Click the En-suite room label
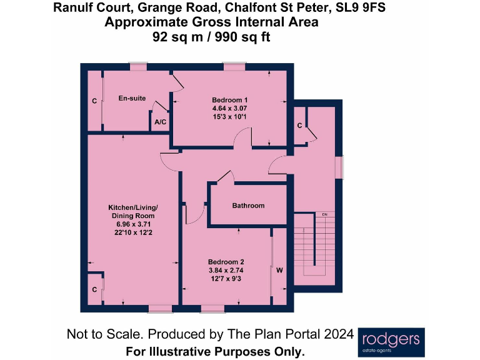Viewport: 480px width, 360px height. pyautogui.click(x=132, y=98)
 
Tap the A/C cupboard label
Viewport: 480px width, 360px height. pyautogui.click(x=160, y=122)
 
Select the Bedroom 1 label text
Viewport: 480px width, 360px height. pyautogui.click(x=230, y=100)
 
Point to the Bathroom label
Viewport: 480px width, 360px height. pyautogui.click(x=248, y=206)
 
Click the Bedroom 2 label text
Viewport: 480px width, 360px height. pyautogui.click(x=226, y=261)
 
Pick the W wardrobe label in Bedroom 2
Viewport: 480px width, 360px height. pyautogui.click(x=279, y=271)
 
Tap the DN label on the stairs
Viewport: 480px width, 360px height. pyautogui.click(x=325, y=215)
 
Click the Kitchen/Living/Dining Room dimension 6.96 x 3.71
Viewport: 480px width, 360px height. pyautogui.click(x=131, y=224)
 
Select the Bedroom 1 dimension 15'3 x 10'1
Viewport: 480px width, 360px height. pyautogui.click(x=230, y=116)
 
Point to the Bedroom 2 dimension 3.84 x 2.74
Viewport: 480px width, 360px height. pyautogui.click(x=226, y=270)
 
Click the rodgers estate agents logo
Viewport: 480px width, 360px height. pyautogui.click(x=391, y=342)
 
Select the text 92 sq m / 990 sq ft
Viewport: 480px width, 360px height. pyautogui.click(x=211, y=36)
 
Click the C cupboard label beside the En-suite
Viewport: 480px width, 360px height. pyautogui.click(x=94, y=101)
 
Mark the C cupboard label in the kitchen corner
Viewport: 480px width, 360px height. pyautogui.click(x=94, y=289)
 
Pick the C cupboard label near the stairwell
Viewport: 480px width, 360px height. pyautogui.click(x=299, y=126)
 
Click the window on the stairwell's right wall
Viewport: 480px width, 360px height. pyautogui.click(x=340, y=167)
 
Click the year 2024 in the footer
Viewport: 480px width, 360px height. pyautogui.click(x=341, y=334)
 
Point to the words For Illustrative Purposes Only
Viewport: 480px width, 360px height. pyautogui.click(x=215, y=351)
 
